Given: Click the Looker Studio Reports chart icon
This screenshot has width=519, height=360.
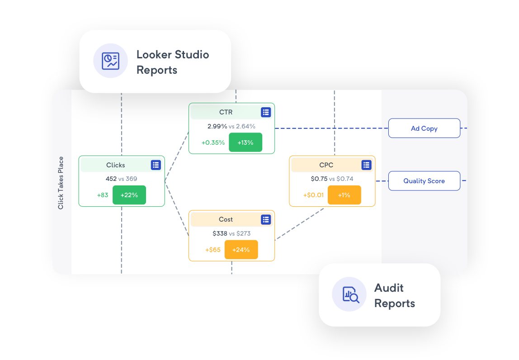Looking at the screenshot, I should pyautogui.click(x=111, y=61).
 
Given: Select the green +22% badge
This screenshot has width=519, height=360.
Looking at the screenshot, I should pyautogui.click(x=129, y=195).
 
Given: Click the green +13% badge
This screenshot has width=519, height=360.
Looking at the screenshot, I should pyautogui.click(x=245, y=142).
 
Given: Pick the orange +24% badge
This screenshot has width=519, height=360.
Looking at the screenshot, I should pyautogui.click(x=241, y=250).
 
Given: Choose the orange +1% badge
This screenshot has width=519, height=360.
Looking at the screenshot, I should pyautogui.click(x=344, y=195).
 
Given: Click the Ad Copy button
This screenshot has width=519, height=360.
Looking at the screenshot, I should pyautogui.click(x=424, y=128).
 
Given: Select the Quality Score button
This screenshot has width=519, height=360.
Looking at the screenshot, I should pyautogui.click(x=424, y=181).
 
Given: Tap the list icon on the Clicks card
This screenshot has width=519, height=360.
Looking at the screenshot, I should pyautogui.click(x=156, y=165).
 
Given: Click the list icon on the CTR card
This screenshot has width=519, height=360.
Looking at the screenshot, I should pyautogui.click(x=266, y=112).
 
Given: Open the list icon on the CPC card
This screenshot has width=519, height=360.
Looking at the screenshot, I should pyautogui.click(x=366, y=165).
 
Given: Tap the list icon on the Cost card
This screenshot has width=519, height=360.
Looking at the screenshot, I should pyautogui.click(x=266, y=219).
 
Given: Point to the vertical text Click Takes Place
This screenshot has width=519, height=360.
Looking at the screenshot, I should pyautogui.click(x=61, y=183).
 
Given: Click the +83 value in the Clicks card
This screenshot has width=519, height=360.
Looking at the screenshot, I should pyautogui.click(x=103, y=195).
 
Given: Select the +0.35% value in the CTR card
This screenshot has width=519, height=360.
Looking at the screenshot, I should pyautogui.click(x=213, y=142).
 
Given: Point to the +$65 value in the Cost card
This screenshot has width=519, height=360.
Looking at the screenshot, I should pyautogui.click(x=213, y=250).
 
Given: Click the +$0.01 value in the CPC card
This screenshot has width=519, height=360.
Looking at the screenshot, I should pyautogui.click(x=313, y=195).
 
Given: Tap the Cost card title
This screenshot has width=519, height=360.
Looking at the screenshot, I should pyautogui.click(x=226, y=219).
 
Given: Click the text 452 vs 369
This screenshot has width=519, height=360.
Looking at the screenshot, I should pyautogui.click(x=121, y=179).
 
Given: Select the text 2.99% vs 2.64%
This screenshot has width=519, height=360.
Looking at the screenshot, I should pyautogui.click(x=231, y=126).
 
